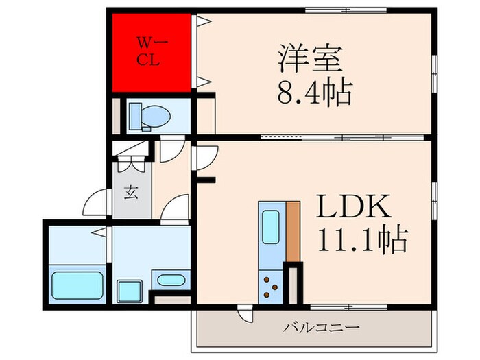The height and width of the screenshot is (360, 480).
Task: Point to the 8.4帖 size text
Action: coord(315,91)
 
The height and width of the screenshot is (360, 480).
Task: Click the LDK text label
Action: coord(352,206)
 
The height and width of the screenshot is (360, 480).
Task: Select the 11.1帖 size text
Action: coord(361,240)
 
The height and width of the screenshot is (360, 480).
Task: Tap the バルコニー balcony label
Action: coord(322,328)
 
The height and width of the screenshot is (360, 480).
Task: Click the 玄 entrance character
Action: coord(130,193)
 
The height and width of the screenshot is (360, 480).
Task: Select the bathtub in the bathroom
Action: coord(77,284)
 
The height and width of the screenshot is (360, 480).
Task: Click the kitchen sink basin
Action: coord(269,225)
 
